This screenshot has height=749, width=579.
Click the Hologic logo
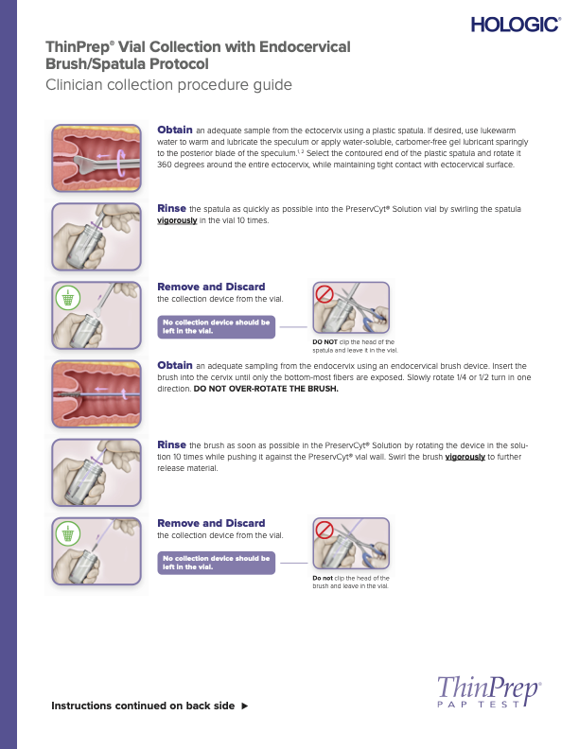click(x=515, y=25)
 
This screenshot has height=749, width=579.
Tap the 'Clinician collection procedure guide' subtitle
click(x=168, y=85)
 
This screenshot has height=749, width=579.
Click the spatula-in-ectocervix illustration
click(x=96, y=156)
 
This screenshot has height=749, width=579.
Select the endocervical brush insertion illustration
click(x=96, y=392)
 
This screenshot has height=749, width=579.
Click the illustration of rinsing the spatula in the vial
click(x=96, y=235)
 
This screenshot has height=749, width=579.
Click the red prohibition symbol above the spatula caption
click(x=325, y=293)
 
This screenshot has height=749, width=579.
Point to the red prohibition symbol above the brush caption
click(x=325, y=530)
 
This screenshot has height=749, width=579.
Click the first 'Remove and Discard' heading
click(x=211, y=287)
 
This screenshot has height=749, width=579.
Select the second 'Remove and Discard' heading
click(x=211, y=523)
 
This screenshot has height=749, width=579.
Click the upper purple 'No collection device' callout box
click(x=217, y=326)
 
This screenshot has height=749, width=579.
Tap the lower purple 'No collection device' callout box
click(x=217, y=563)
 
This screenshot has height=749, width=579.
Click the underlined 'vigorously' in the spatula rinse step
click(x=177, y=220)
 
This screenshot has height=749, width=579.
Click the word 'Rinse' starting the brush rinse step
click(x=171, y=444)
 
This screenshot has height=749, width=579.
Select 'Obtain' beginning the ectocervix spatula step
click(x=174, y=129)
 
